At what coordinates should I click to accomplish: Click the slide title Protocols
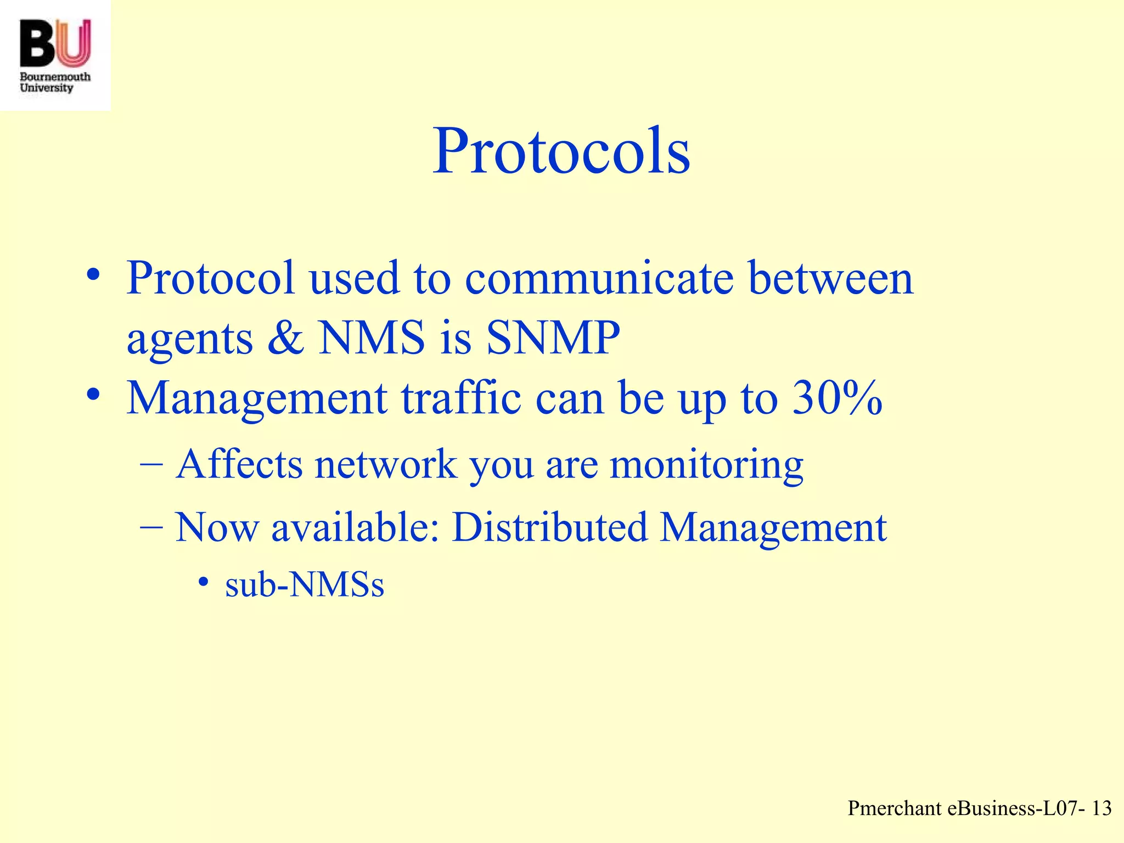561,151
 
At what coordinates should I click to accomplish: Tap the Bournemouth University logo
55,55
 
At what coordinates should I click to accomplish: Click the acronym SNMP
553,337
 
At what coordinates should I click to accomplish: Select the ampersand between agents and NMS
286,337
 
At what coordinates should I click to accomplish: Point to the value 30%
838,397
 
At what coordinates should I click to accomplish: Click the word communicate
599,278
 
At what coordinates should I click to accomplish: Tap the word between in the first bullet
831,278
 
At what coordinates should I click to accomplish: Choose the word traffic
461,397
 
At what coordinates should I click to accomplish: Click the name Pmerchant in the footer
895,808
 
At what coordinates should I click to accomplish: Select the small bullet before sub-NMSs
204,582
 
